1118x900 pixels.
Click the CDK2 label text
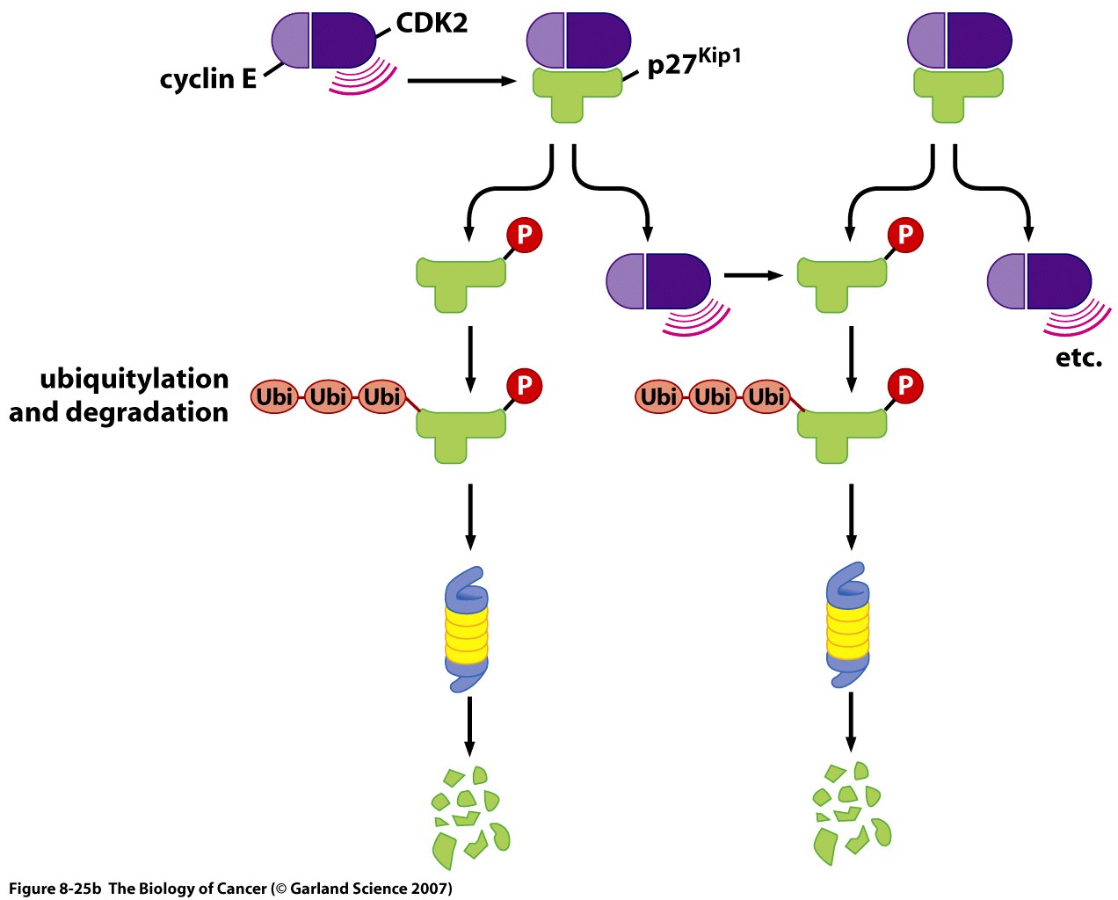click(x=432, y=23)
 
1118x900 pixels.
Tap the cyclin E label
click(x=207, y=79)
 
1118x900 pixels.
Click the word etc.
click(x=1078, y=358)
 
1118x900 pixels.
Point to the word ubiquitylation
click(x=134, y=379)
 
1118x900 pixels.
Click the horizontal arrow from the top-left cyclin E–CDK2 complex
click(x=461, y=81)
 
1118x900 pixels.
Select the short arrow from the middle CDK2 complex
click(x=752, y=276)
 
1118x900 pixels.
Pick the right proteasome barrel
click(x=848, y=625)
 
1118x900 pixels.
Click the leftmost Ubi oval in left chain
click(x=275, y=397)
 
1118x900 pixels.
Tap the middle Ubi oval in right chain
click(x=713, y=397)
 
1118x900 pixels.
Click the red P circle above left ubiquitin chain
click(x=524, y=385)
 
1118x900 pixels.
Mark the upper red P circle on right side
click(x=905, y=236)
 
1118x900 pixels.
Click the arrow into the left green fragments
click(x=470, y=725)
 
